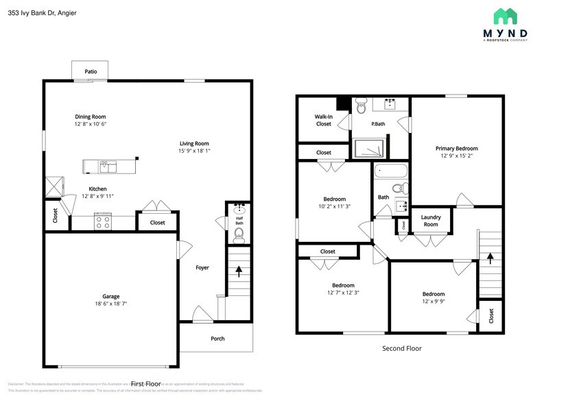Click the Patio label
pos(91,71)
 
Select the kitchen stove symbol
pos(103,221)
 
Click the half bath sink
pos(239,208)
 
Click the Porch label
pos(217,339)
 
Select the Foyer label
pos(202,267)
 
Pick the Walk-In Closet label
pos(323,120)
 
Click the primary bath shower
pos(370,149)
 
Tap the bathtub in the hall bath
pos(391,171)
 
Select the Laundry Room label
pos(430,221)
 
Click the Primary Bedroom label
pos(456,148)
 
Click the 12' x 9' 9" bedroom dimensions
pos(434,302)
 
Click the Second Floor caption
pos(401,348)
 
